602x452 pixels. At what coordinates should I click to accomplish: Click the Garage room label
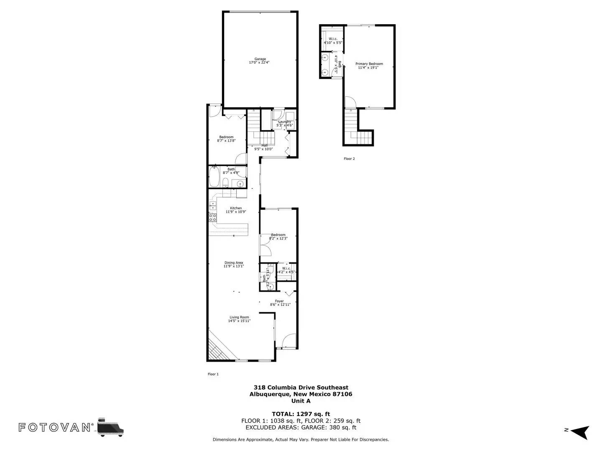pyautogui.click(x=260, y=59)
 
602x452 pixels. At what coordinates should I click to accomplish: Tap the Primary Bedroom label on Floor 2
pyautogui.click(x=369, y=64)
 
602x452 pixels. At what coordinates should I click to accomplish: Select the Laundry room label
pyautogui.click(x=285, y=122)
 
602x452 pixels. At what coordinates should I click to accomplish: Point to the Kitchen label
pyautogui.click(x=236, y=208)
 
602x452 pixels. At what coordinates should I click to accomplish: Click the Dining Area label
pyautogui.click(x=234, y=263)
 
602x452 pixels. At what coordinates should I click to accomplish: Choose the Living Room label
pyautogui.click(x=239, y=317)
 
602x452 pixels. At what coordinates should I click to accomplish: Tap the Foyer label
pyautogui.click(x=279, y=301)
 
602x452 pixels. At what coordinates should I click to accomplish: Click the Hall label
pyautogui.click(x=264, y=146)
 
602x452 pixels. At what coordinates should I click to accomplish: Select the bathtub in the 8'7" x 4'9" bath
pyautogui.click(x=214, y=177)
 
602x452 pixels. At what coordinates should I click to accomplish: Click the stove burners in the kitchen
pyautogui.click(x=213, y=217)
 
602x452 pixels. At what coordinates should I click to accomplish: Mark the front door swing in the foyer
pyautogui.click(x=289, y=340)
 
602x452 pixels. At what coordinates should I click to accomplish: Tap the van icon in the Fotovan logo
pyautogui.click(x=111, y=427)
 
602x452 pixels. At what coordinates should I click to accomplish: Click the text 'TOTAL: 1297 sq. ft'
pyautogui.click(x=301, y=414)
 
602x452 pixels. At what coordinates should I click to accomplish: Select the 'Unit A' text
pyautogui.click(x=301, y=401)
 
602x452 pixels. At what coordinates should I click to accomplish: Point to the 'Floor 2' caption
pyautogui.click(x=349, y=159)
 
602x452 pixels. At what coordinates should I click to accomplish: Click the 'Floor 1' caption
pyautogui.click(x=213, y=374)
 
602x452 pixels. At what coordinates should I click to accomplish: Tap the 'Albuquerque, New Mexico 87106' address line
pyautogui.click(x=301, y=394)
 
